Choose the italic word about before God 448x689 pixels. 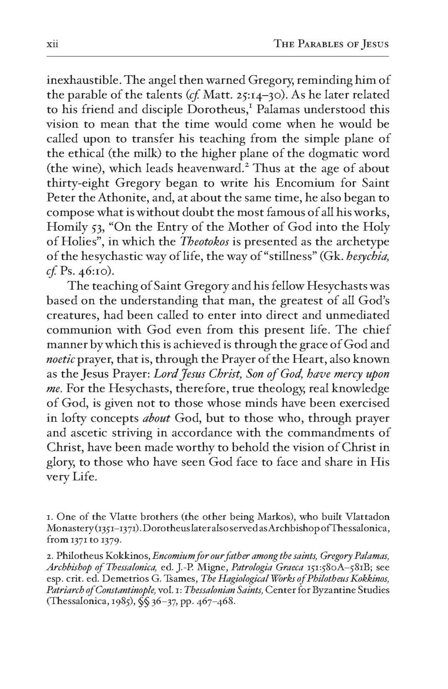click(x=157, y=418)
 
